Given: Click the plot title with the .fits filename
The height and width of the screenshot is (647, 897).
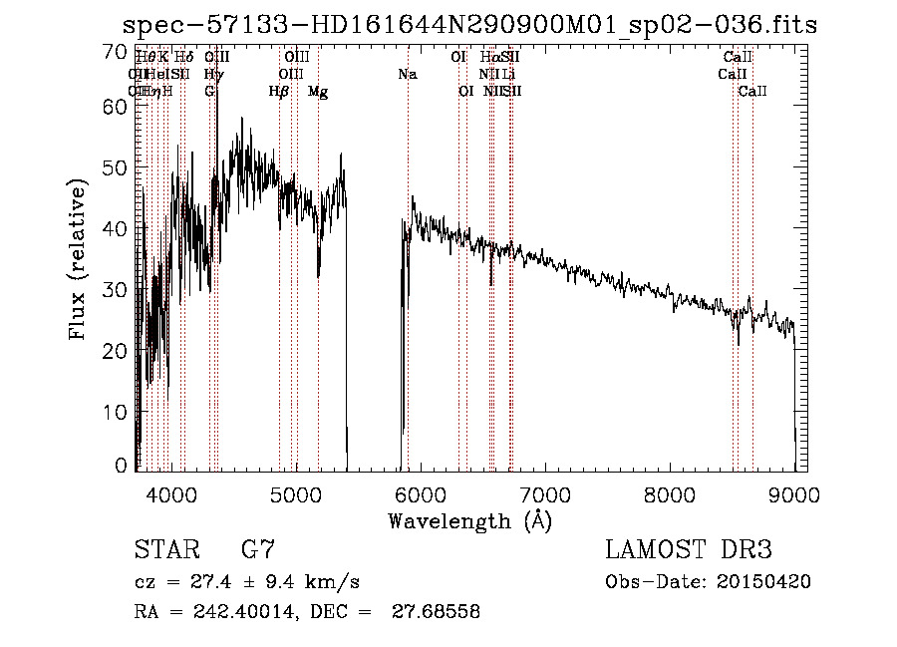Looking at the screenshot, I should coord(468,26).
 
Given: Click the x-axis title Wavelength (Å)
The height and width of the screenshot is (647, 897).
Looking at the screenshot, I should coord(469,520).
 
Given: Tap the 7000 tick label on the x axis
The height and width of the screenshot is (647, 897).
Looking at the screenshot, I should coord(545,494).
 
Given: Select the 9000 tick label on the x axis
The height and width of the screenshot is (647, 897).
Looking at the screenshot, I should coord(794,494).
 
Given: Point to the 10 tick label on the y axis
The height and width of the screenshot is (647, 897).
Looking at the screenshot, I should coord(117,411).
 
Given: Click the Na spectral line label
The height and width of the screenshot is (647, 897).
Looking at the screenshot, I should coord(407,75).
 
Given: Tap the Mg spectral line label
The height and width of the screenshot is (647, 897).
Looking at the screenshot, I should coord(318,92).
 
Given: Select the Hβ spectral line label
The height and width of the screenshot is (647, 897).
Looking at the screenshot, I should coord(279,92).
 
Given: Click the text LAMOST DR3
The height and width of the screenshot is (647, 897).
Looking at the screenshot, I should coord(689,550).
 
